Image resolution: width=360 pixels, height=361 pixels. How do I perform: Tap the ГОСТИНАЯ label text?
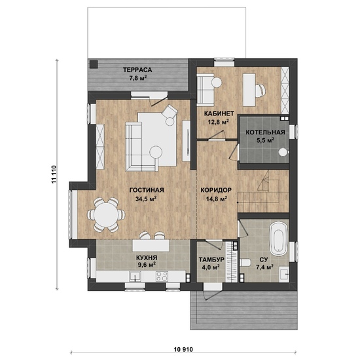(x=147, y=190)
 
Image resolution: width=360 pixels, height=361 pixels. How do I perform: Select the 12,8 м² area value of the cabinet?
(x=219, y=122)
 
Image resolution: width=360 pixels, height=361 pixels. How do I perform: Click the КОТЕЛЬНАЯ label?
(x=265, y=132)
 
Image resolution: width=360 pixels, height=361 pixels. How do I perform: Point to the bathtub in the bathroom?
(x=279, y=238)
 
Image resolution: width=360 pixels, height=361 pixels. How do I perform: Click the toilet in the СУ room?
(x=245, y=262)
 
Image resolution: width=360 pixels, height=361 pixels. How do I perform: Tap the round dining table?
(x=106, y=215)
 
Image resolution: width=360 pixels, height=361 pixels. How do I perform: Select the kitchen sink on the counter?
(x=135, y=276)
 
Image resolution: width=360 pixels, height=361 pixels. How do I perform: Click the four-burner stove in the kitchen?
(x=162, y=276)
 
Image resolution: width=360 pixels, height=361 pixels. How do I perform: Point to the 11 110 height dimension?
(x=54, y=174)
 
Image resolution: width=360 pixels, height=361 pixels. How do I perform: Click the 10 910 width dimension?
(x=183, y=349)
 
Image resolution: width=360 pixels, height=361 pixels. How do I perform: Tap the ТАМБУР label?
(x=211, y=260)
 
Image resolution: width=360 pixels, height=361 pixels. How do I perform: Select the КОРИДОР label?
(x=216, y=190)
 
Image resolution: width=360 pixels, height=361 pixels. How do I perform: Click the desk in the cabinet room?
(x=249, y=90)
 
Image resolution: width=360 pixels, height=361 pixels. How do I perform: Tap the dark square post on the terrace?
(x=94, y=64)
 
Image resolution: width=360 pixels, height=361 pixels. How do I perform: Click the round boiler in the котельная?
(x=283, y=152)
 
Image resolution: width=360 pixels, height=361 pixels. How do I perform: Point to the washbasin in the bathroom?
(x=284, y=274)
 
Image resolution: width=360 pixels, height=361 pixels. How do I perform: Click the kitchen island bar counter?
(x=151, y=246)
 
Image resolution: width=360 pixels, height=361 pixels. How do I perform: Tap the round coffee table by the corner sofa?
(x=156, y=152)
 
